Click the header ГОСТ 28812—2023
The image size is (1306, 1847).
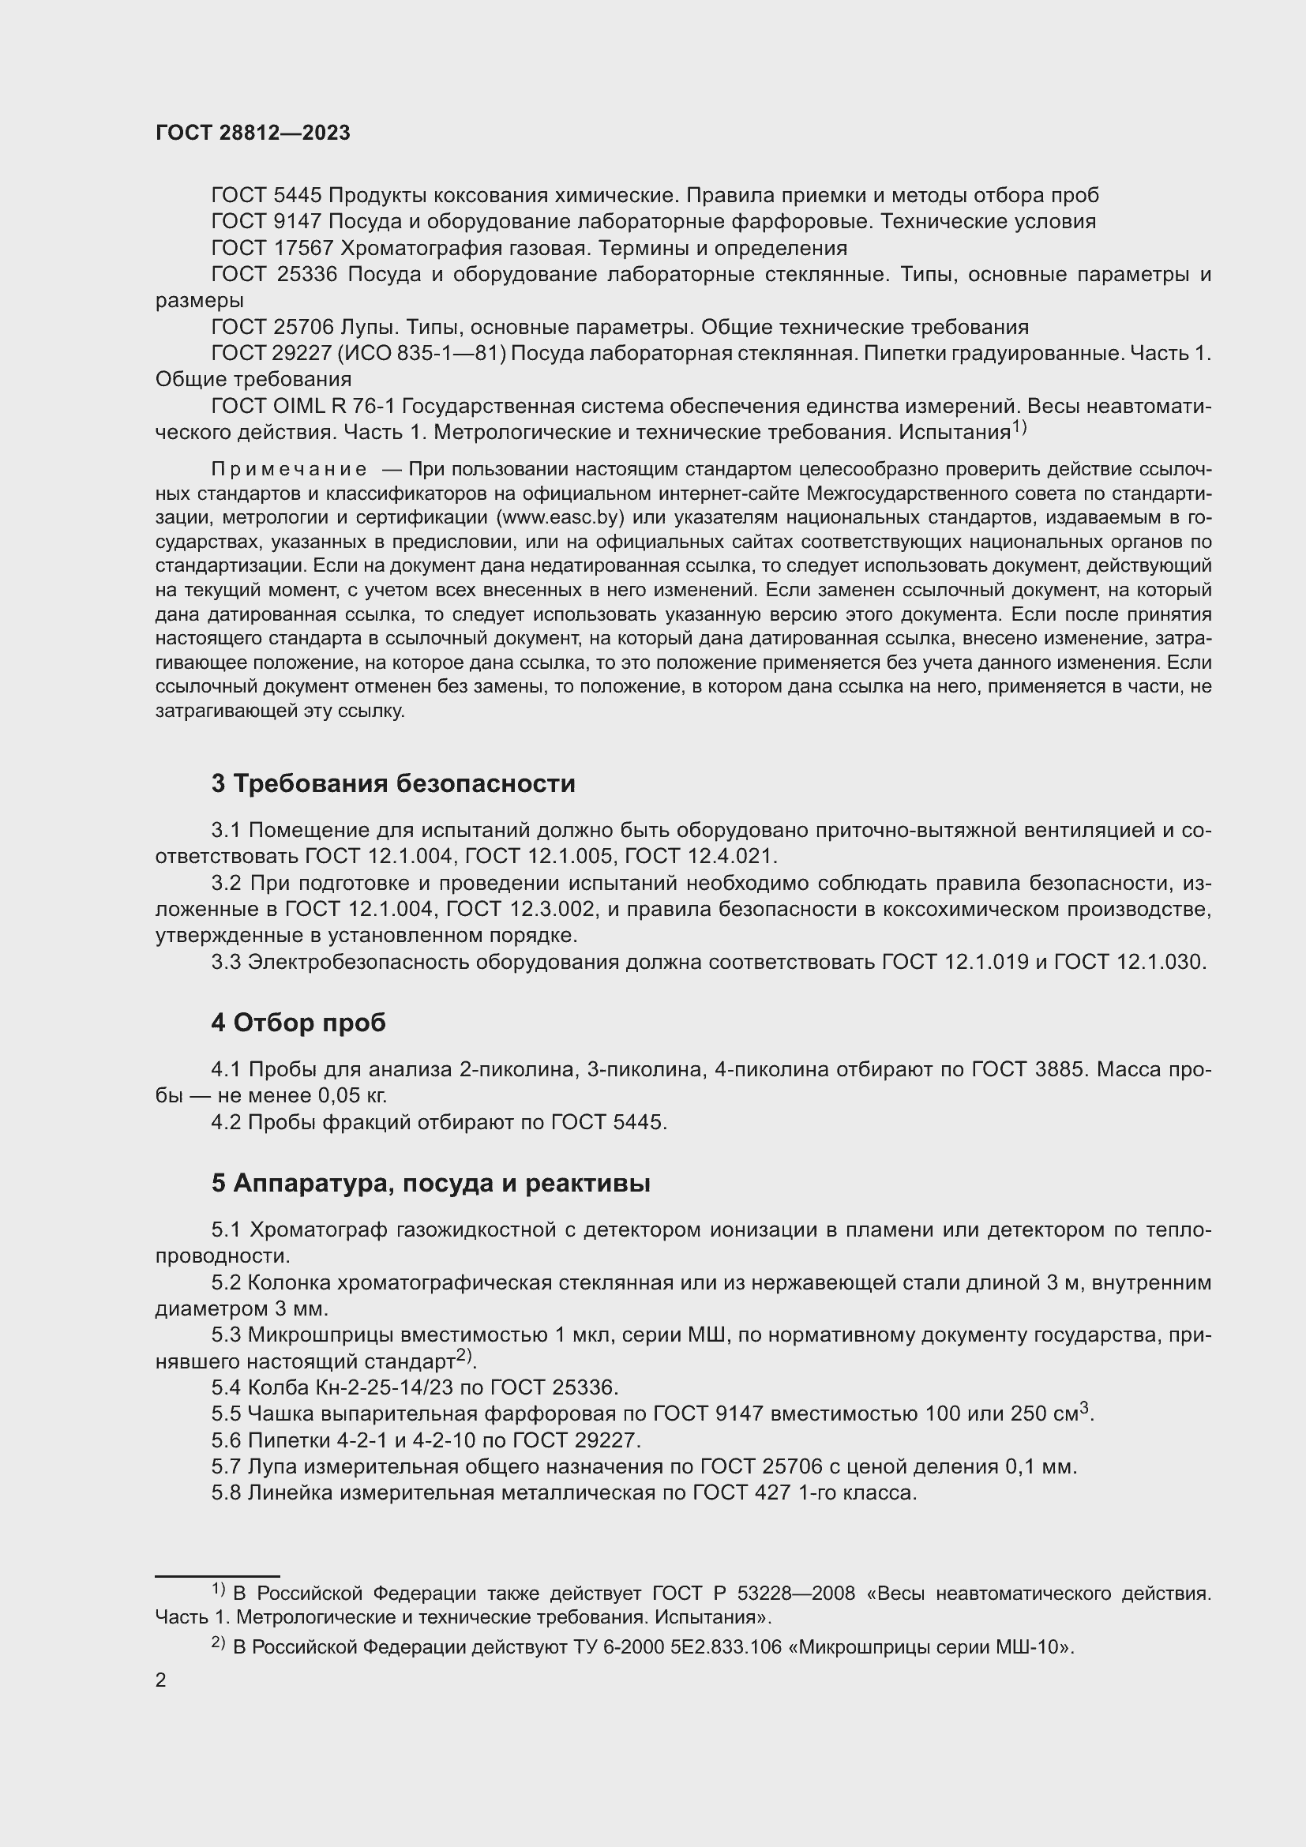[253, 133]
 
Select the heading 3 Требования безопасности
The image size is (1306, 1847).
[393, 783]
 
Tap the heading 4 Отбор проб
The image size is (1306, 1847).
[298, 1023]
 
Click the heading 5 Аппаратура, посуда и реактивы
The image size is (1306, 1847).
[430, 1184]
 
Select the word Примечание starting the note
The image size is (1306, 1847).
[289, 469]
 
